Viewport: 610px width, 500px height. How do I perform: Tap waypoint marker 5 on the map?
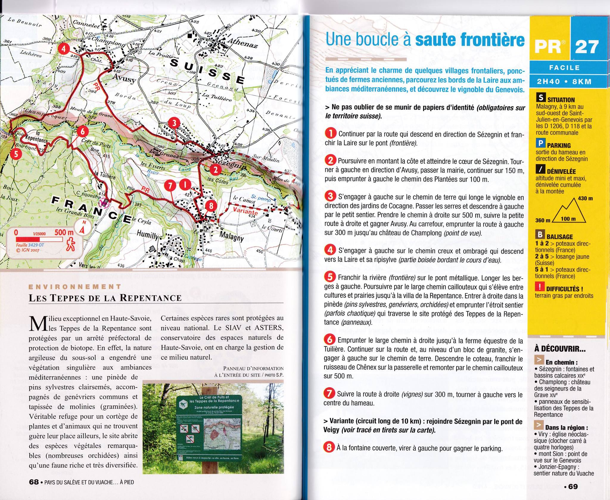click(15, 154)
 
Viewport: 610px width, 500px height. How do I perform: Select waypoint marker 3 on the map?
click(174, 123)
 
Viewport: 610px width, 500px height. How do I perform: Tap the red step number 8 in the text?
click(328, 448)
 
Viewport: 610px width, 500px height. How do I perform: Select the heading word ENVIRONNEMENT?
click(75, 287)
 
